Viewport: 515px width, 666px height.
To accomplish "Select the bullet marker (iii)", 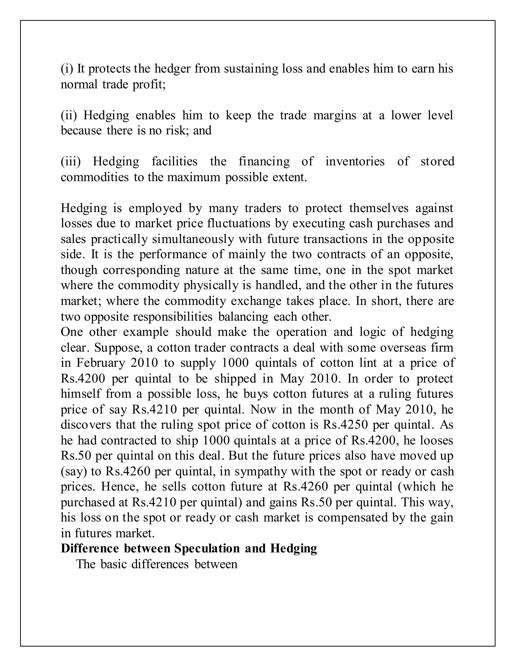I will pyautogui.click(x=70, y=161).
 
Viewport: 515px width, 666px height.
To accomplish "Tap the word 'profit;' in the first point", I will pyautogui.click(x=149, y=84).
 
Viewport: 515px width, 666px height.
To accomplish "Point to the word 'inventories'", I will pyautogui.click(x=355, y=161).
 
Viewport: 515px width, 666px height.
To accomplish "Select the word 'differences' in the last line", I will pyautogui.click(x=160, y=564).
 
